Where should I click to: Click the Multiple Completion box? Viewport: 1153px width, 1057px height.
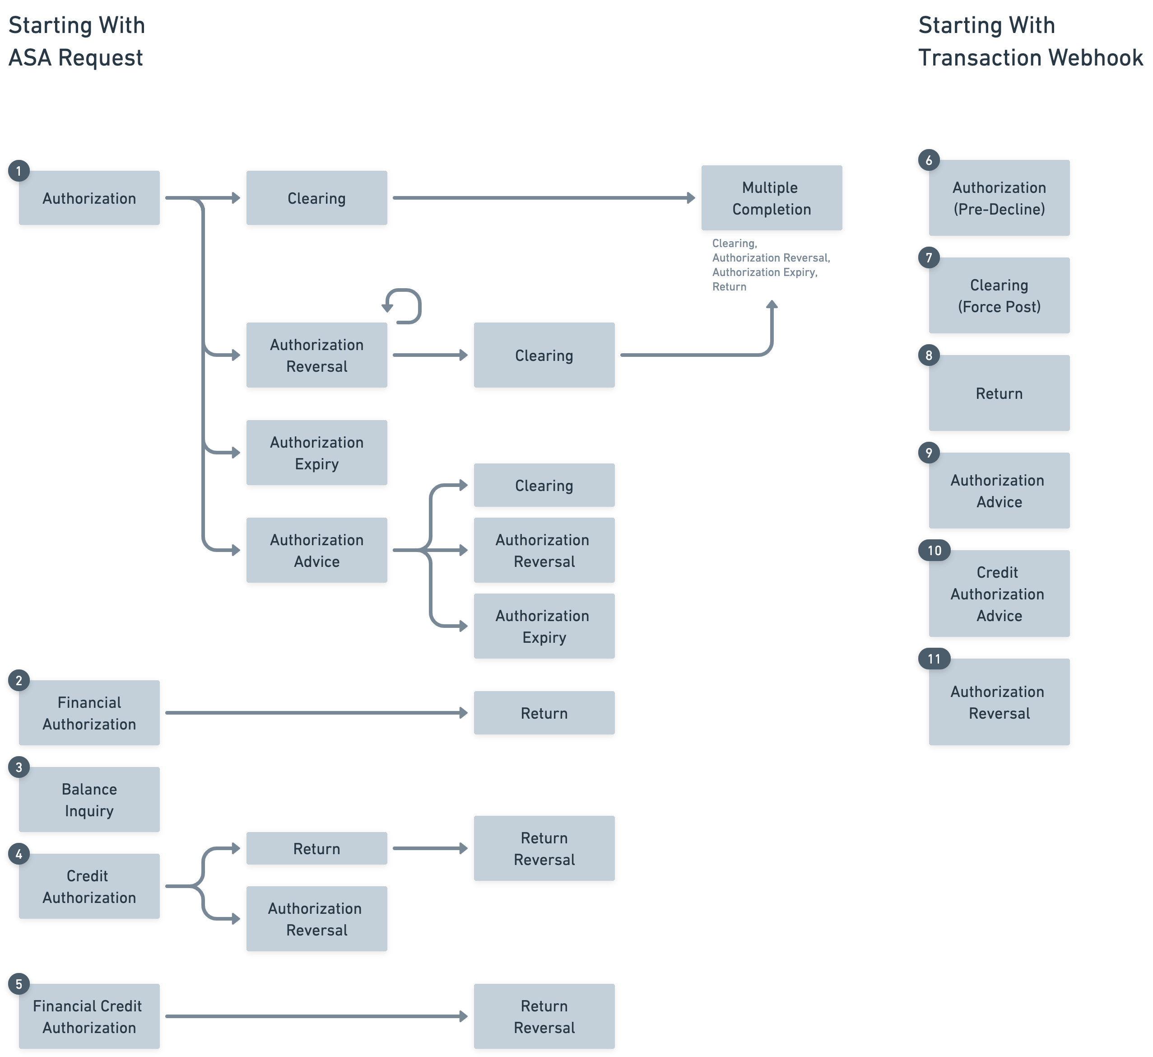771,198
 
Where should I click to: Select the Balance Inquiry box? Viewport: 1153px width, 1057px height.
89,800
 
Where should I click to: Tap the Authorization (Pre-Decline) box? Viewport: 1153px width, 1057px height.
999,198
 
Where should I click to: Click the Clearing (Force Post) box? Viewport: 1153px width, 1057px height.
999,295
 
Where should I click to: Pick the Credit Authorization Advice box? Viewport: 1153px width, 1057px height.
999,594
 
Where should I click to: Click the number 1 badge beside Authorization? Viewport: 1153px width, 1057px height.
19,171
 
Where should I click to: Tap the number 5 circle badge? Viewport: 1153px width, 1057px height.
19,984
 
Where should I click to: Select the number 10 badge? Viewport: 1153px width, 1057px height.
934,551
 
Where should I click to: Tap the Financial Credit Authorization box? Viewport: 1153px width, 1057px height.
89,1016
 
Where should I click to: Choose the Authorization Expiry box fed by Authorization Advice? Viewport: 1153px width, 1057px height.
544,626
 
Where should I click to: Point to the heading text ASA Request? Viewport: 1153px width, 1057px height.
75,58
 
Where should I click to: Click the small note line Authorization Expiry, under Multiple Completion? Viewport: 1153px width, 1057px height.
764,272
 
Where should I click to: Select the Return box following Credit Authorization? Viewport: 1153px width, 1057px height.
316,848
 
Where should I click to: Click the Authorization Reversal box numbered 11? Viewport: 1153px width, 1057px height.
999,702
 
